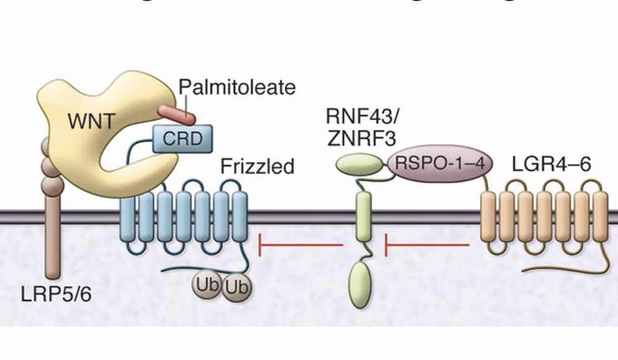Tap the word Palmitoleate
[237, 87]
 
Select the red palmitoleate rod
[176, 114]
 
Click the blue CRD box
[182, 138]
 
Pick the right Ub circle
[236, 287]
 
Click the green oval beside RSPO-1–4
[360, 164]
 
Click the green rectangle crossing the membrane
[363, 216]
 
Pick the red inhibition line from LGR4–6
[427, 244]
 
